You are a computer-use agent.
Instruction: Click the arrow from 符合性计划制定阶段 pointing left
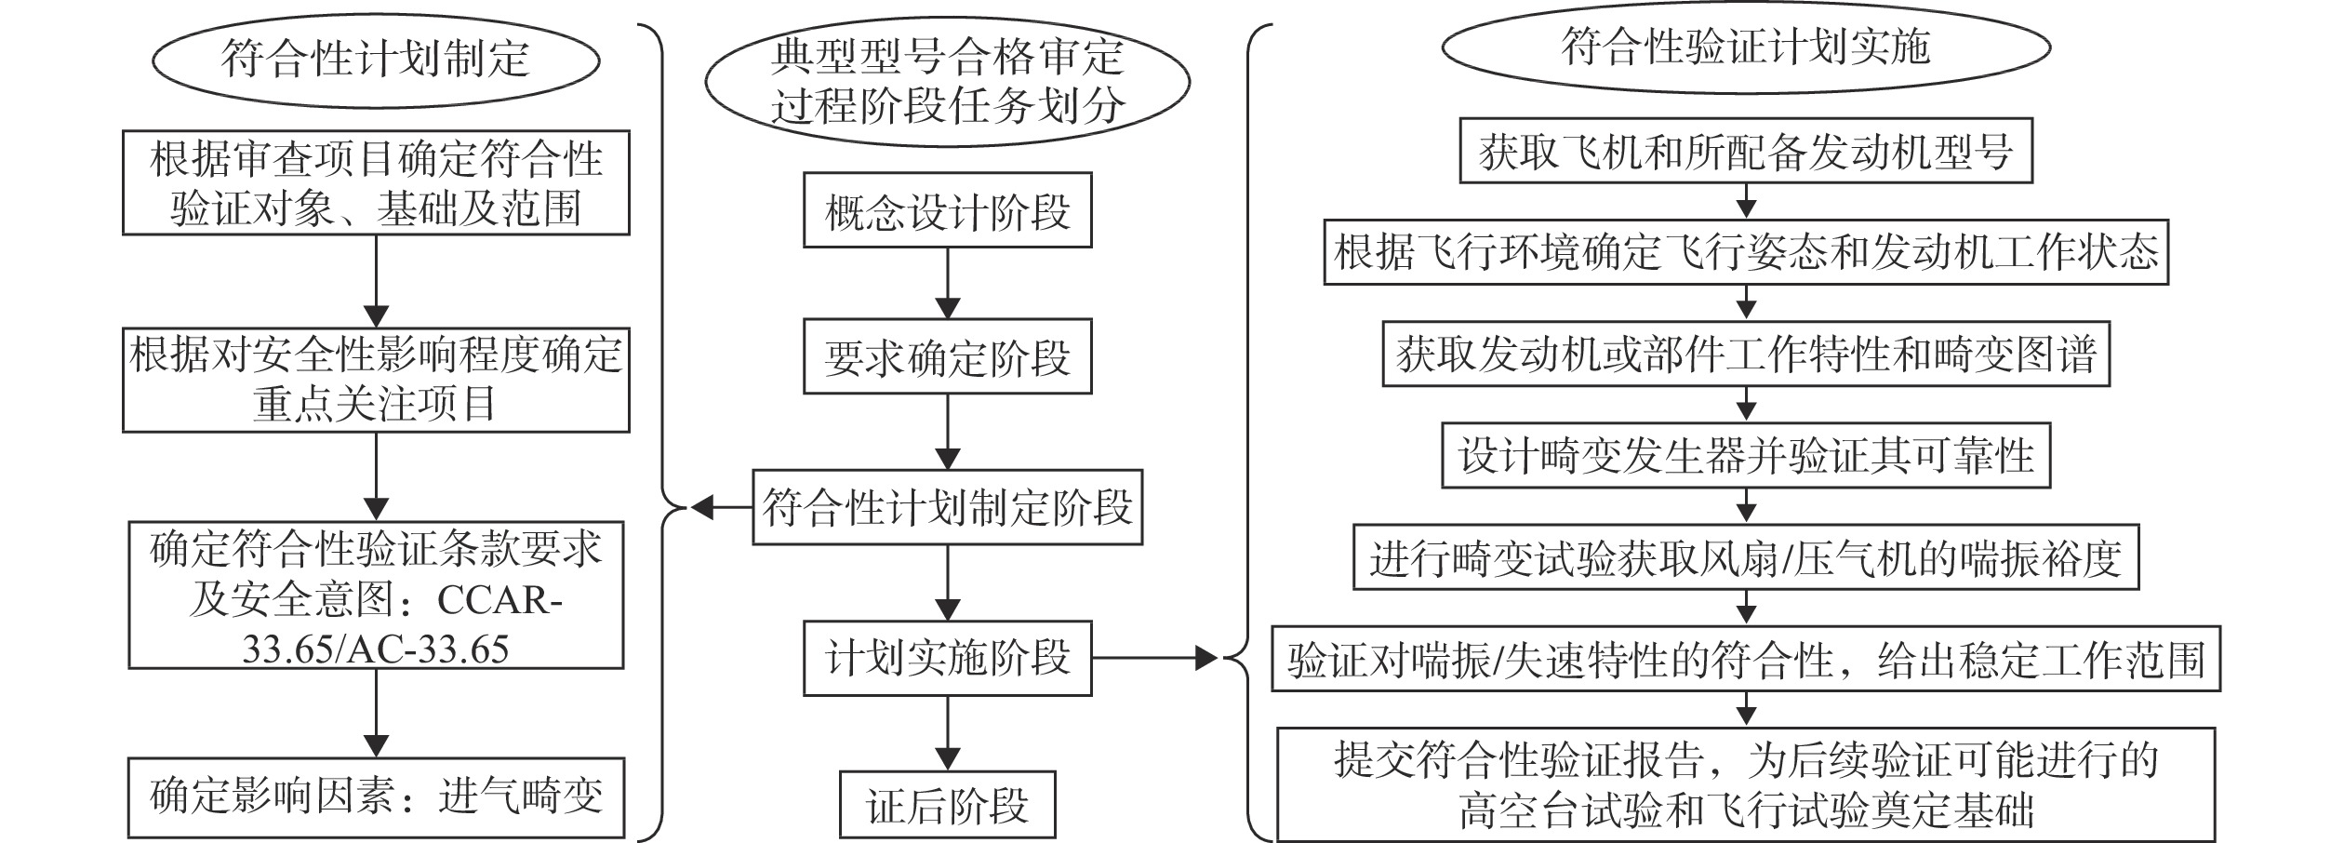722,508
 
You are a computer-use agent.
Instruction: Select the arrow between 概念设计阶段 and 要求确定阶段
947,284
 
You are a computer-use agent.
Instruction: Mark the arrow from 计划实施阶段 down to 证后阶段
947,734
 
